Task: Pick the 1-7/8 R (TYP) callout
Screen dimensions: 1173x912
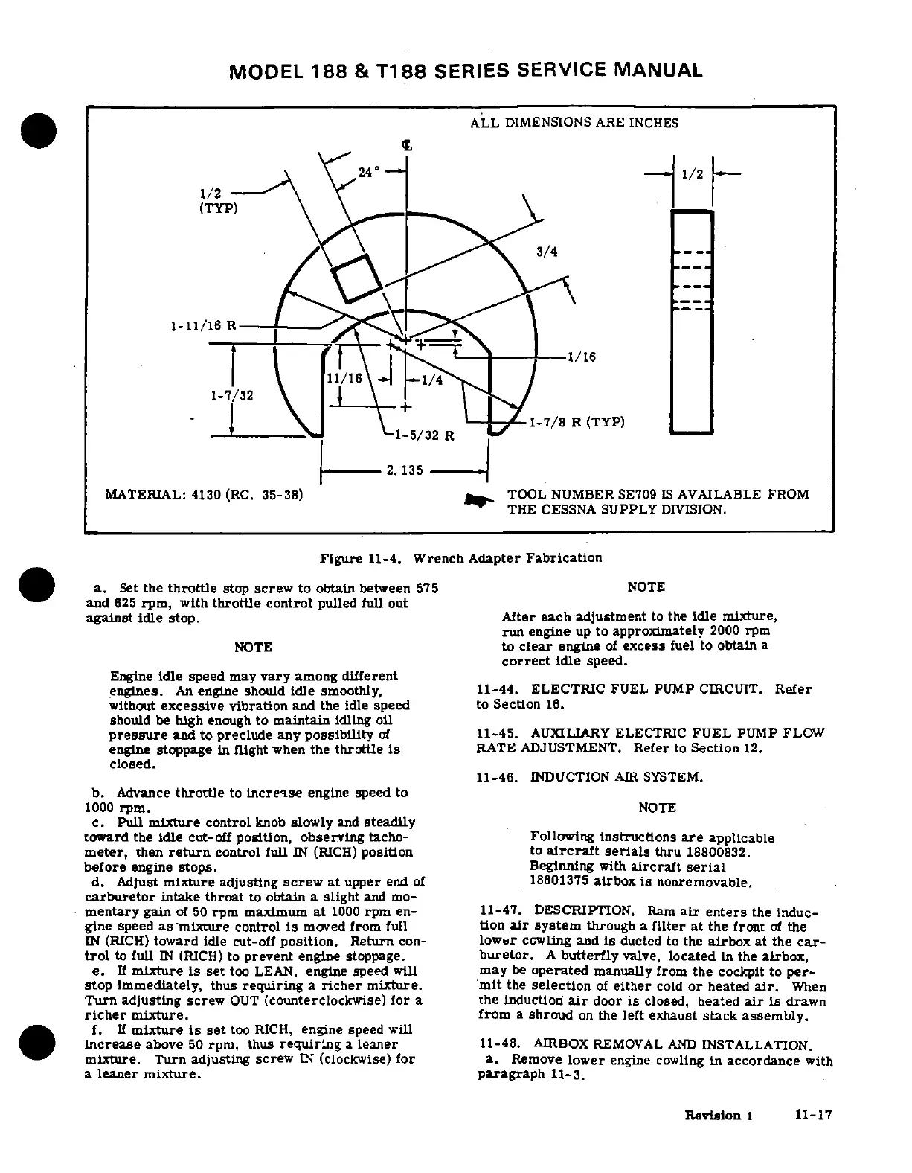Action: (x=576, y=423)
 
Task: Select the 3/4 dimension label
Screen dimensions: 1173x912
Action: (x=547, y=252)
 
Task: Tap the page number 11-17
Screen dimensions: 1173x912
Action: (x=812, y=1115)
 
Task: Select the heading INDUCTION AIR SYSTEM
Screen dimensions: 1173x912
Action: (x=615, y=777)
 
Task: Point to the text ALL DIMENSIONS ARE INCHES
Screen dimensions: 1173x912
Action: (x=574, y=123)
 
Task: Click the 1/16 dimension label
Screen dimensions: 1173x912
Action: (x=581, y=357)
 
